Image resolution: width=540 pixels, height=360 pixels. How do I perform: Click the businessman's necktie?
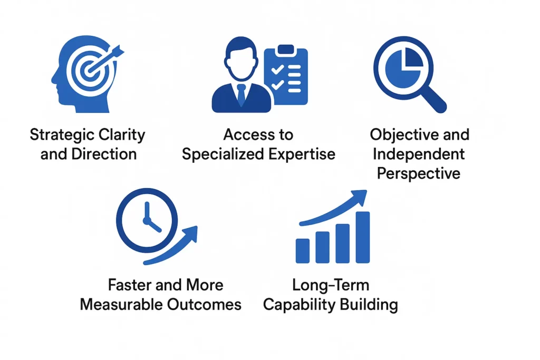click(241, 95)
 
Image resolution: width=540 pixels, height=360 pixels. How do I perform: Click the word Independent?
click(420, 154)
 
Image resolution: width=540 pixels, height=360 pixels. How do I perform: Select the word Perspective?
click(419, 173)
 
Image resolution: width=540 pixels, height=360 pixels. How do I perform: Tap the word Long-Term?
click(331, 285)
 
